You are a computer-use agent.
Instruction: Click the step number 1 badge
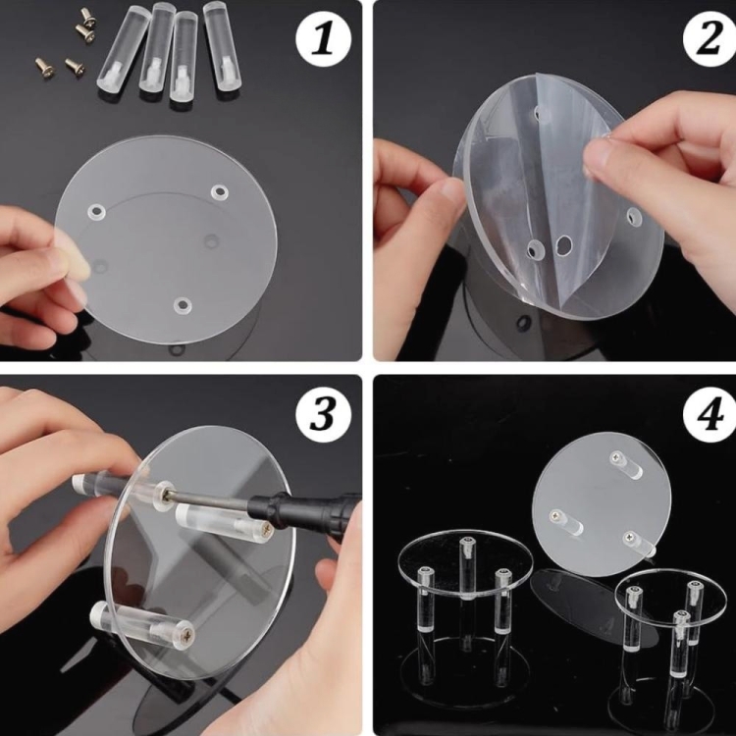[x=324, y=39]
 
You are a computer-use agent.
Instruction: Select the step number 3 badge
[x=324, y=414]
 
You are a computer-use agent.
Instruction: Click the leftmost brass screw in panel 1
[x=45, y=68]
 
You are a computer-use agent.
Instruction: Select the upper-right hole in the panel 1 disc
[x=219, y=192]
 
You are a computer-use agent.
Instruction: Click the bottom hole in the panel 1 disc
[x=183, y=305]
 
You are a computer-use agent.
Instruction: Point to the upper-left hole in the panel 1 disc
[x=96, y=212]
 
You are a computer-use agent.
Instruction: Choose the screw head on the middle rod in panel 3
[x=265, y=530]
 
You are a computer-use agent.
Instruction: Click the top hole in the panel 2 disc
[x=540, y=113]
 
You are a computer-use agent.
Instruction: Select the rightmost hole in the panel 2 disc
[x=634, y=216]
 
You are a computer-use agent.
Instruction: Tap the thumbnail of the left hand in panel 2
[x=448, y=192]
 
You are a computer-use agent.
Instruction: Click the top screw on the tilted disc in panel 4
[x=616, y=455]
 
